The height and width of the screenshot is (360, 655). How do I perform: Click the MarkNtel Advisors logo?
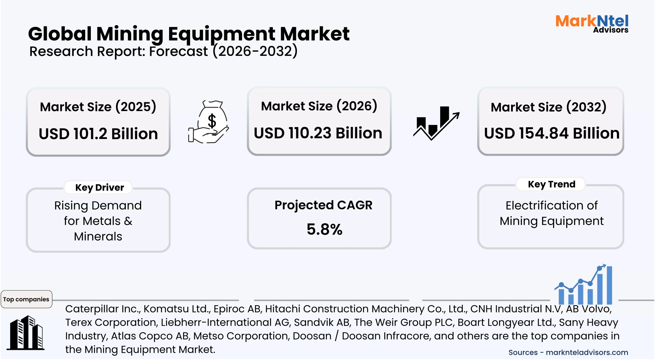click(x=592, y=23)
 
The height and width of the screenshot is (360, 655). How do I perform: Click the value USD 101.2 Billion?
click(x=98, y=134)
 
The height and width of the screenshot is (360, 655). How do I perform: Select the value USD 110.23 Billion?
click(x=318, y=133)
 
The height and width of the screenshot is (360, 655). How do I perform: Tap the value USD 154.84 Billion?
click(x=552, y=133)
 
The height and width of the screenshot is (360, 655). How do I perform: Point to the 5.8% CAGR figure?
click(x=324, y=229)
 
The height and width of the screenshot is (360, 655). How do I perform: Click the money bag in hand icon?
click(x=209, y=122)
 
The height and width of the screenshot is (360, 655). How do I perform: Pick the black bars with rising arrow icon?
click(x=436, y=123)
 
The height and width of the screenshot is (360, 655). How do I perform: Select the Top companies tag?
click(x=26, y=299)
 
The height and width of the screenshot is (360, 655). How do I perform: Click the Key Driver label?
click(x=100, y=188)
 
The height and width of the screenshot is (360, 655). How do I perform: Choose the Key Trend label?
click(x=551, y=184)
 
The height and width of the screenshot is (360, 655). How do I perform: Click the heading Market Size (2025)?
click(x=98, y=106)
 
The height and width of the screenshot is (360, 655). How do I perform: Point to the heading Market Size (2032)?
click(x=548, y=107)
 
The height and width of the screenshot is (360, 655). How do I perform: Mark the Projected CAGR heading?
click(x=323, y=205)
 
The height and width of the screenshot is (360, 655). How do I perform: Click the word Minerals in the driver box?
click(x=98, y=236)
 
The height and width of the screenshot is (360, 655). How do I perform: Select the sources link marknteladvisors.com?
click(x=587, y=352)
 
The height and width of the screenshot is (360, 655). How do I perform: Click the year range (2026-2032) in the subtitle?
click(x=255, y=51)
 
